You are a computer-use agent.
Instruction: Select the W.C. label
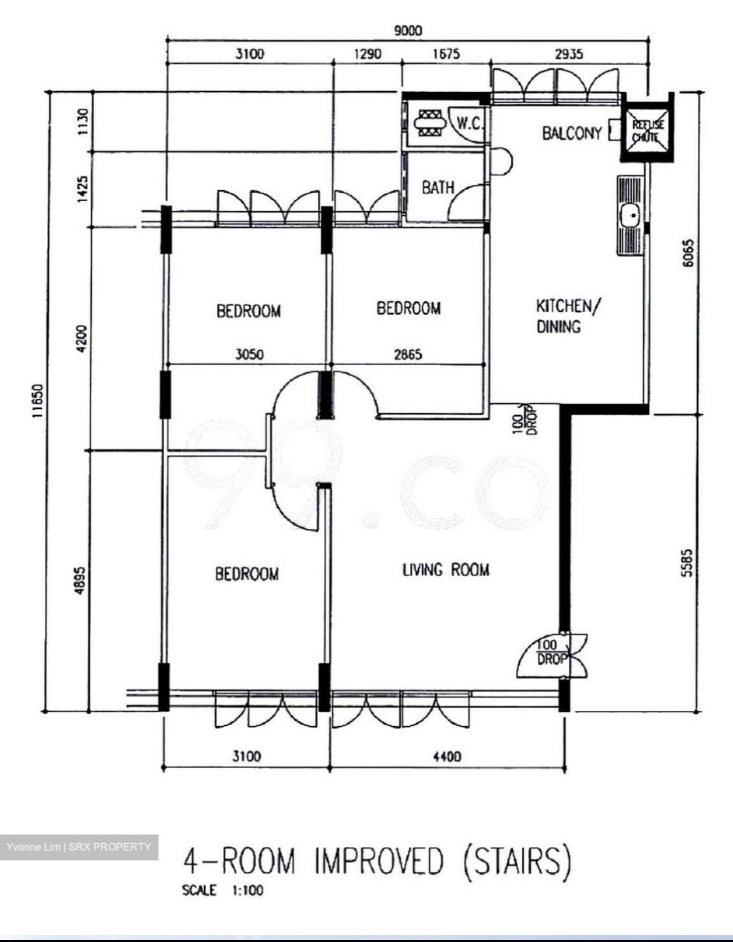[x=470, y=124]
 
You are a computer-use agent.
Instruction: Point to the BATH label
[x=438, y=187]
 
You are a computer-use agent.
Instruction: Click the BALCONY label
[x=572, y=133]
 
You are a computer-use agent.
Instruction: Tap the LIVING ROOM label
[x=446, y=570]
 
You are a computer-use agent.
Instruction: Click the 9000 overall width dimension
[x=408, y=31]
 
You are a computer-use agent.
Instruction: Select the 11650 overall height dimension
[x=38, y=401]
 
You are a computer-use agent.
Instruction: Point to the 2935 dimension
[x=569, y=54]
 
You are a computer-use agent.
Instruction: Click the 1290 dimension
[x=367, y=54]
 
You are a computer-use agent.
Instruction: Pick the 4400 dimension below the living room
[x=447, y=756]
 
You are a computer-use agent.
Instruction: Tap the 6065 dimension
[x=687, y=253]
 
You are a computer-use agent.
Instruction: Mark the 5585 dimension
[x=687, y=563]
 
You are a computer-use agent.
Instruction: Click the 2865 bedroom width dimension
[x=408, y=355]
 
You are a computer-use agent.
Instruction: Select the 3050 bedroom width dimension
[x=250, y=355]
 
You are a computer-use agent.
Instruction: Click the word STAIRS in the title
[x=516, y=861]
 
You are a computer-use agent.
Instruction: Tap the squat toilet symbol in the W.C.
[x=430, y=124]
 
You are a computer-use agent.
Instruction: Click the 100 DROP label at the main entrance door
[x=551, y=653]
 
